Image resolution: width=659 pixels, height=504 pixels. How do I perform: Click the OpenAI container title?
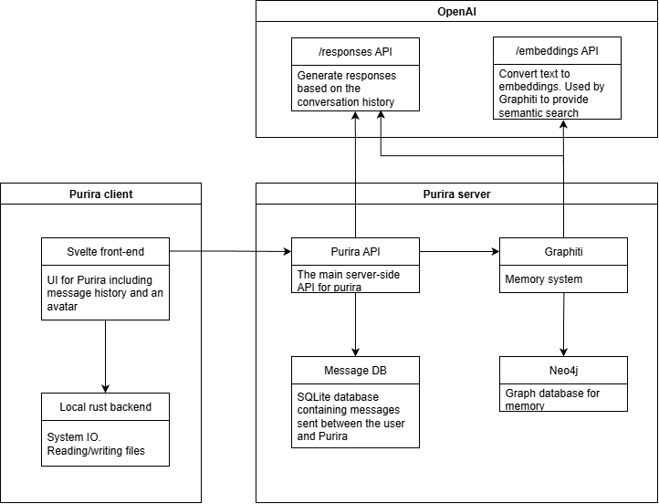(x=456, y=11)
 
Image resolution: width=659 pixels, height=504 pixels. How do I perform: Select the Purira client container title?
(x=100, y=194)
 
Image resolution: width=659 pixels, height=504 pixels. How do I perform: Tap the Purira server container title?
(x=456, y=194)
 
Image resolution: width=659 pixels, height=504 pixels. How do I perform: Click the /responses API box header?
(x=355, y=49)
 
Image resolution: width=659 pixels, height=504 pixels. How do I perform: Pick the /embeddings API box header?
(x=557, y=49)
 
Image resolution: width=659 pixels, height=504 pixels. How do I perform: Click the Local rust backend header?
(x=106, y=406)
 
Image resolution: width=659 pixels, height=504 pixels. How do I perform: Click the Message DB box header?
(x=355, y=370)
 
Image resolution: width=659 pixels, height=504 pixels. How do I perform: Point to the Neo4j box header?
(x=563, y=370)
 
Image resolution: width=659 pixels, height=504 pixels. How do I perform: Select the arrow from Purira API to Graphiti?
(x=459, y=250)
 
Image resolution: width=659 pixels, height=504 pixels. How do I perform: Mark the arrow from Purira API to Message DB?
(x=355, y=324)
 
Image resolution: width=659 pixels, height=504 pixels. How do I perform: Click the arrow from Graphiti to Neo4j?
(x=563, y=324)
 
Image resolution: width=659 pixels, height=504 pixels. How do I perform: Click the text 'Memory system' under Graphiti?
(x=544, y=279)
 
